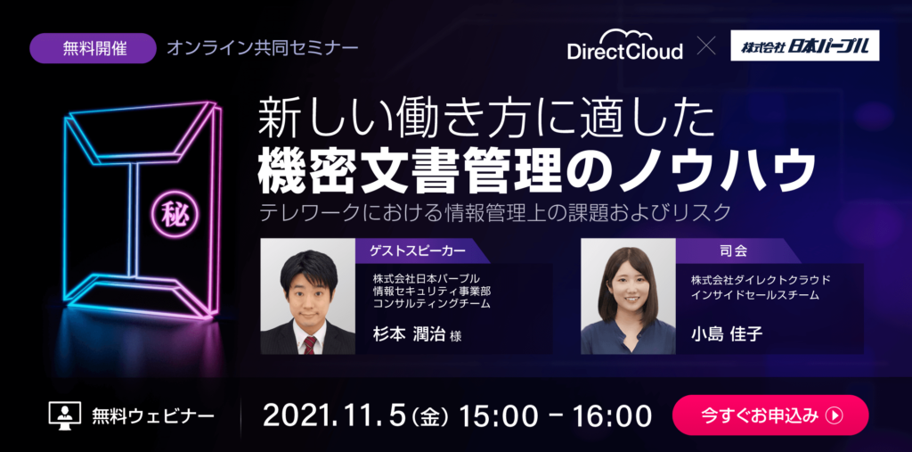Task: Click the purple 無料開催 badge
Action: click(x=93, y=48)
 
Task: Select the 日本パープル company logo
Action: click(x=805, y=46)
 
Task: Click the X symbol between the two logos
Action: click(x=706, y=46)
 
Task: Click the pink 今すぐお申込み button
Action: click(x=770, y=415)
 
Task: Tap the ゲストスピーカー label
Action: click(x=418, y=251)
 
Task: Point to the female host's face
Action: click(x=628, y=286)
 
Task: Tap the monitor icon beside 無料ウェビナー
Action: click(x=65, y=415)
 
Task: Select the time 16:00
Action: click(x=612, y=415)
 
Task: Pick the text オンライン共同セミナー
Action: click(x=263, y=48)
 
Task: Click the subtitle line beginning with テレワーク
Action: click(x=495, y=213)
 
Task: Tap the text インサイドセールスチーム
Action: click(x=755, y=295)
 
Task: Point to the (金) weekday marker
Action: click(x=431, y=416)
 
